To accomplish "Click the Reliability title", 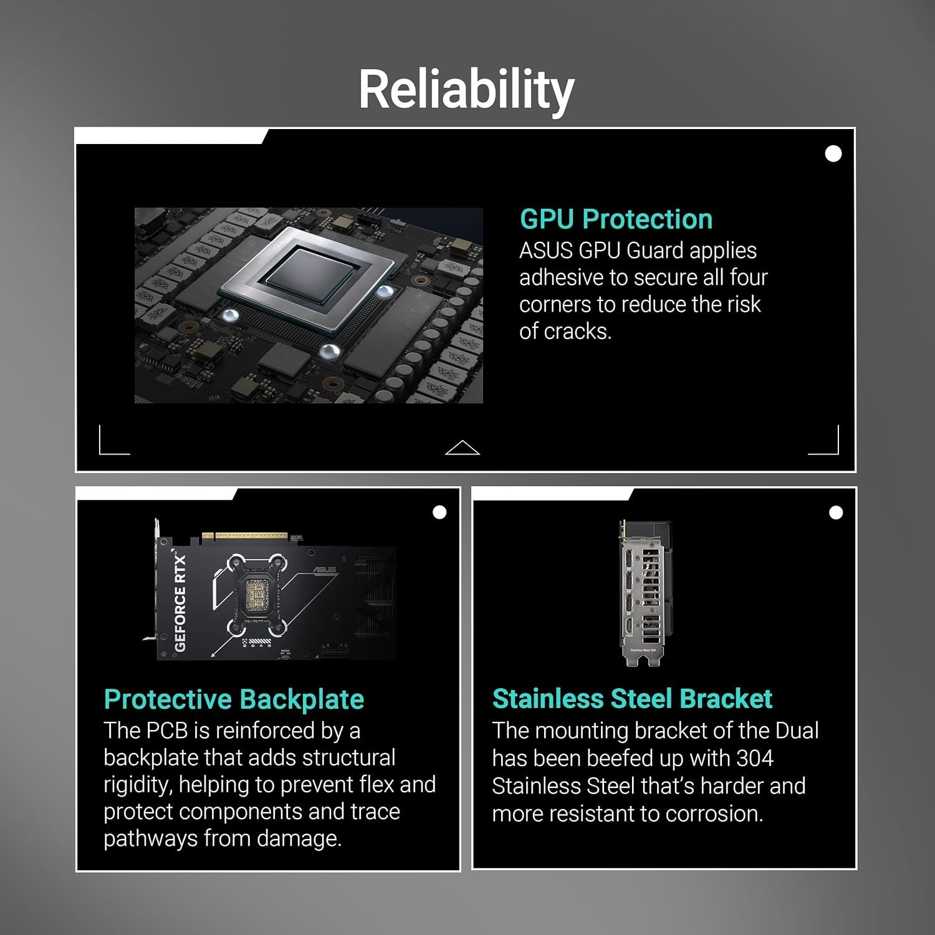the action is coord(466,89).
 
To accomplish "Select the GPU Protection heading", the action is coord(616,219).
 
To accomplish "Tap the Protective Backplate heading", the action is coord(234,699).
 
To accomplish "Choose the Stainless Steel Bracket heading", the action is coord(632,699).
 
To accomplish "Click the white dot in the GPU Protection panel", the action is coord(833,153).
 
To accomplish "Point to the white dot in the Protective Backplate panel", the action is coord(439,512).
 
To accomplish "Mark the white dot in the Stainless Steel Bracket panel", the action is coord(836,512).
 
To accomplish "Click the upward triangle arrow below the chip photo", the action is coord(463,447).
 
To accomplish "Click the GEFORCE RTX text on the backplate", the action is coord(180,601).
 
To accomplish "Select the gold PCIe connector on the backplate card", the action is coord(246,536).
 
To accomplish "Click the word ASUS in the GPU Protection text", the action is coord(546,251).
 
